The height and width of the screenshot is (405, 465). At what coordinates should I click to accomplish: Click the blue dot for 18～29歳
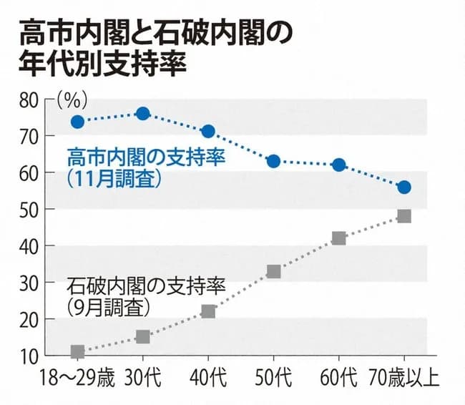pos(77,122)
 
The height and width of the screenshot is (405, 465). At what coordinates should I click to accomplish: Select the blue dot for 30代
pos(142,114)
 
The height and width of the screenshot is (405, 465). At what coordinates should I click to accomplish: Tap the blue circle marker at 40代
pos(208,132)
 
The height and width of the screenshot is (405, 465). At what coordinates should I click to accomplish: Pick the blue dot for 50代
pos(273,161)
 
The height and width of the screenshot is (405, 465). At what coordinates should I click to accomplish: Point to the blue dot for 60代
pos(339,165)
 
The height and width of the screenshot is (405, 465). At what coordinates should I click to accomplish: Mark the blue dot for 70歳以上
pos(404,187)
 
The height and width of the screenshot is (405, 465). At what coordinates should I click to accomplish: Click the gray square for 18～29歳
pos(77,351)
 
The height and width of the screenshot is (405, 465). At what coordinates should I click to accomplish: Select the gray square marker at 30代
pos(142,336)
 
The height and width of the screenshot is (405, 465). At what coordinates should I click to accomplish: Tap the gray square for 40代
pos(208,311)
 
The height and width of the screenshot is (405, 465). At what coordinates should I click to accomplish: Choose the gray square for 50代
pos(273,271)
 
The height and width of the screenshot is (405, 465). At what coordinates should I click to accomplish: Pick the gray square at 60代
pos(339,238)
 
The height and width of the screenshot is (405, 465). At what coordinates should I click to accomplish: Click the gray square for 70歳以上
pos(404,216)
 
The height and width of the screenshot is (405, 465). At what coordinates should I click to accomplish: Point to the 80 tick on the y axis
pos(27,99)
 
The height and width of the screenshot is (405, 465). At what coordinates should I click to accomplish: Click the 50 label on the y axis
pos(27,209)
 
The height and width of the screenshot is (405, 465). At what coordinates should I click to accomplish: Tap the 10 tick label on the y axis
pos(27,356)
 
